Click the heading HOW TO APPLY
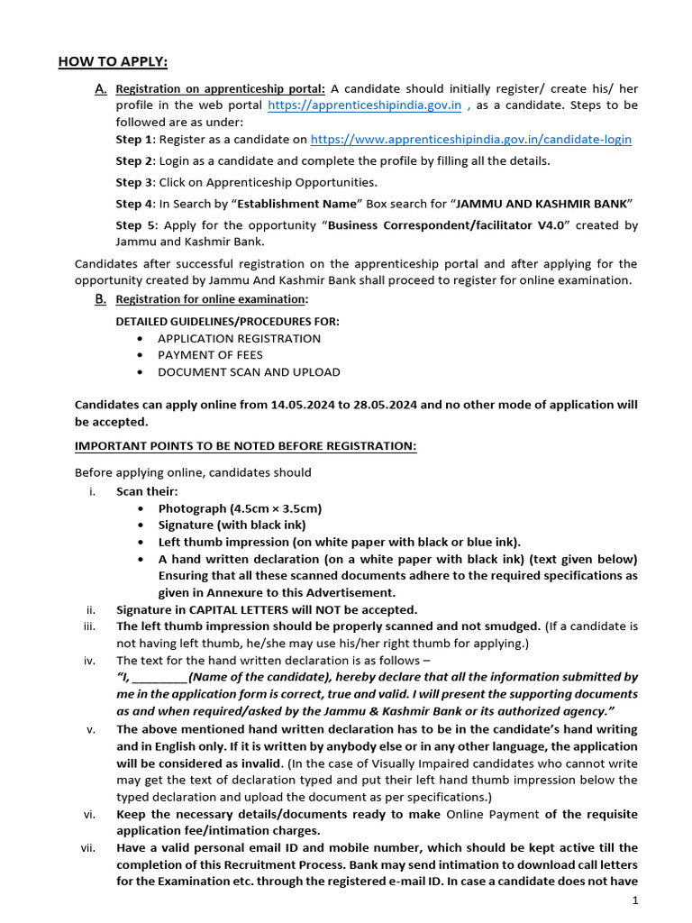(x=113, y=61)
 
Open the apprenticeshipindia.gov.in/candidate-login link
(x=470, y=140)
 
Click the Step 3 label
(x=134, y=182)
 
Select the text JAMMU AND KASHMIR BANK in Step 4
(x=541, y=203)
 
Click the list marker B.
(x=100, y=299)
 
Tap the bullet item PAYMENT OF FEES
(x=210, y=355)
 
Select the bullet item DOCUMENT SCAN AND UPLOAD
(x=249, y=371)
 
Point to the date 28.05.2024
(x=384, y=405)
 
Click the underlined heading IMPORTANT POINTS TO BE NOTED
(x=245, y=446)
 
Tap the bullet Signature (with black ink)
(x=232, y=525)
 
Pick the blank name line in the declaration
(x=159, y=676)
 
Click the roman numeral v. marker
(x=91, y=729)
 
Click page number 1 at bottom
(x=635, y=901)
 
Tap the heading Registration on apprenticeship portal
(x=221, y=89)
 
